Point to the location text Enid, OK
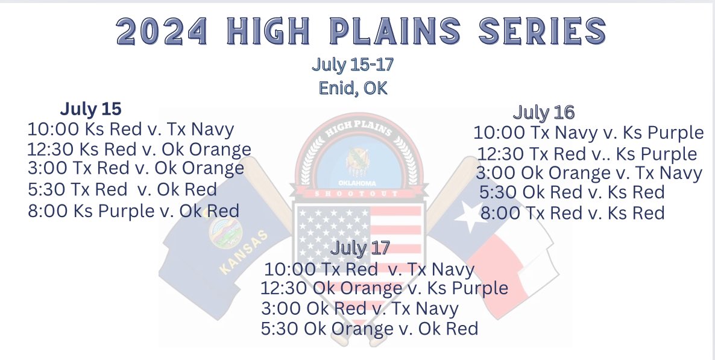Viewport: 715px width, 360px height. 353,88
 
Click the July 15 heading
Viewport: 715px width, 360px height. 90,109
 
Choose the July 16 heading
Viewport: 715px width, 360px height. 543,112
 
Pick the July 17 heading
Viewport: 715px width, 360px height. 360,248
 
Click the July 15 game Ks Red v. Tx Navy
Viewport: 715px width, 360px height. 130,129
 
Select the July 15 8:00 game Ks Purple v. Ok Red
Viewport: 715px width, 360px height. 133,211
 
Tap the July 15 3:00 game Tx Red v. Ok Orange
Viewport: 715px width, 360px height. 136,168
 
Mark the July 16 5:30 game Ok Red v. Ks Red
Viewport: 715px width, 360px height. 572,192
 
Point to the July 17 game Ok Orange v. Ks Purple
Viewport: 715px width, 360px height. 384,288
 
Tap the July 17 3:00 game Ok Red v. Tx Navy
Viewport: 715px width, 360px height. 359,309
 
